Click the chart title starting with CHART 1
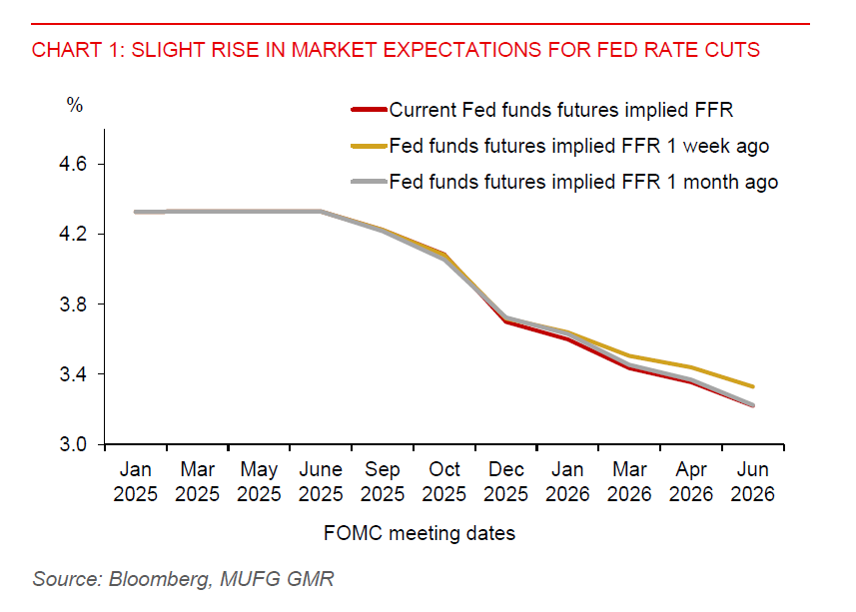coord(396,50)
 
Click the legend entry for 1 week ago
coord(578,146)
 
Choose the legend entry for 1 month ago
coord(582,182)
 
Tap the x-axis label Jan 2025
coord(136,481)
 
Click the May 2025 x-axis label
coord(259,481)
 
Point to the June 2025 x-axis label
coord(321,481)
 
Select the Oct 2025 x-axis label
coord(444,481)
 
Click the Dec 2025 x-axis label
coord(506,481)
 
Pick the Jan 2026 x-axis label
coord(567,481)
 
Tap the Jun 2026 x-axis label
coord(752,481)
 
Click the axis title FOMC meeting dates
coord(420,533)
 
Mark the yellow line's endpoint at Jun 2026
coord(752,386)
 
